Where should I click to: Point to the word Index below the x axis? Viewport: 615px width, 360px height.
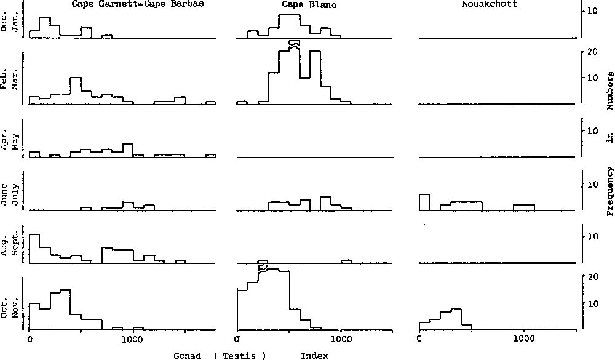(314, 356)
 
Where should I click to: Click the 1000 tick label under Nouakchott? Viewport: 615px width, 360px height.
(523, 338)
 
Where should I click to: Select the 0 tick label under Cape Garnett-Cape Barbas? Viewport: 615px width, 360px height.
(30, 338)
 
